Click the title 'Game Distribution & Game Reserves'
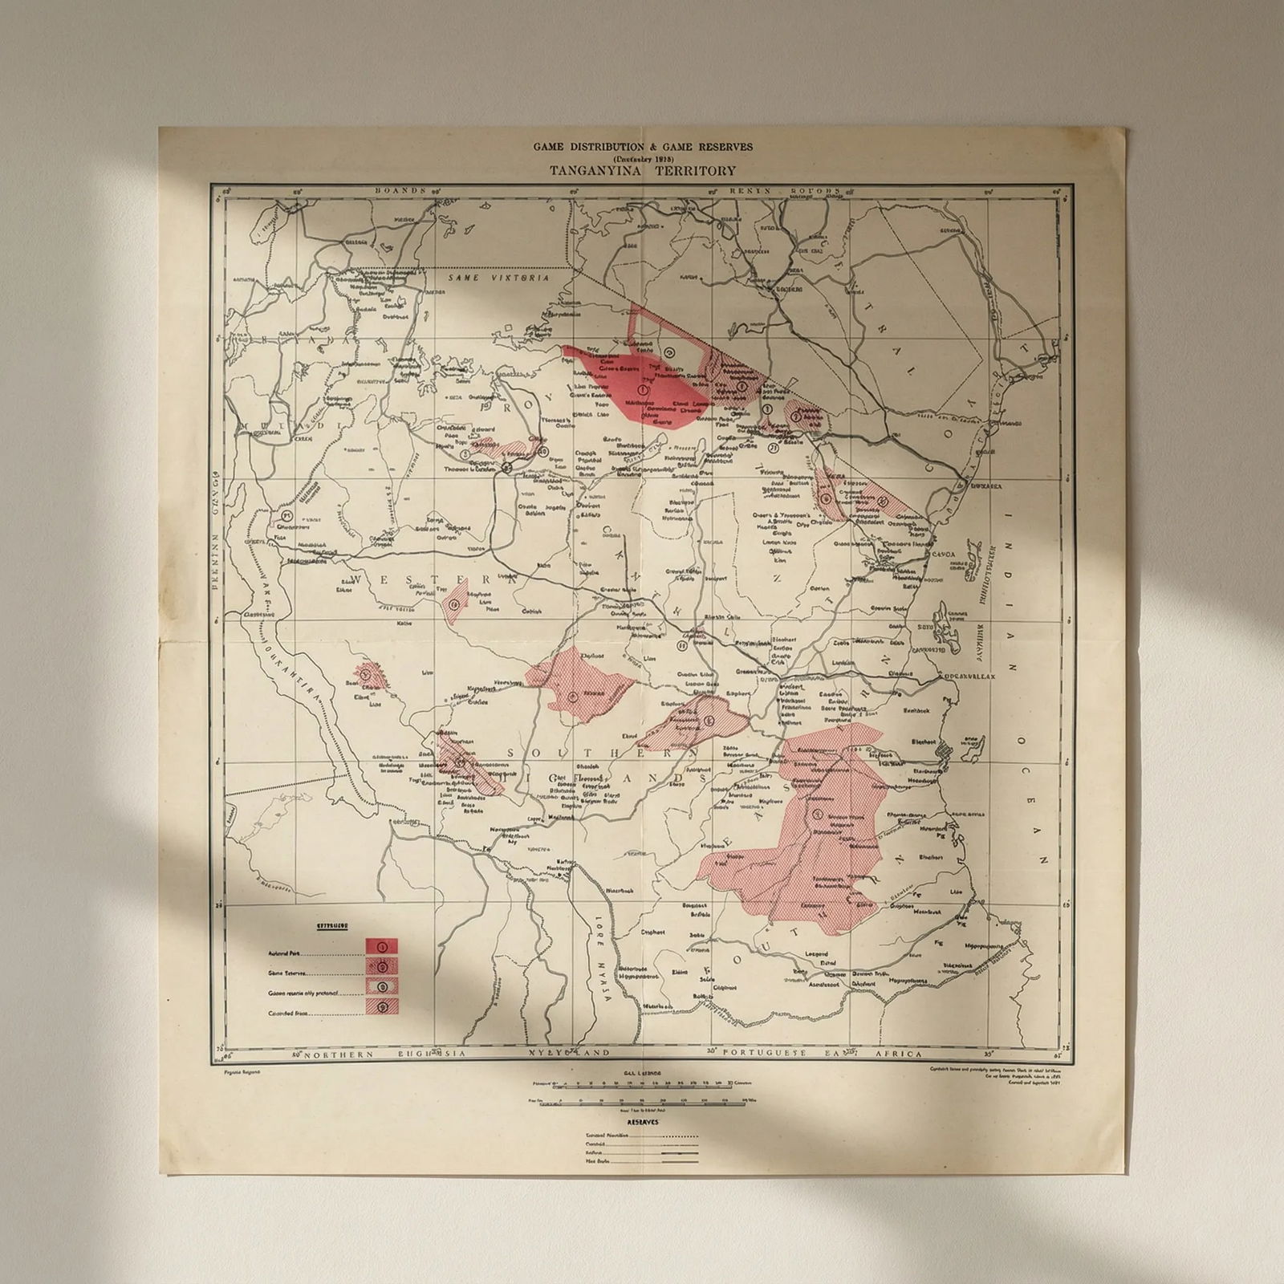[x=643, y=147]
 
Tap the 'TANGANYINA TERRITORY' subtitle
[x=643, y=170]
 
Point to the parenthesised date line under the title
[x=643, y=158]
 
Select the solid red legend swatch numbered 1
[x=382, y=947]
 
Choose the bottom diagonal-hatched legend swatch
[x=382, y=1006]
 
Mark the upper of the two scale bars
[x=638, y=1083]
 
